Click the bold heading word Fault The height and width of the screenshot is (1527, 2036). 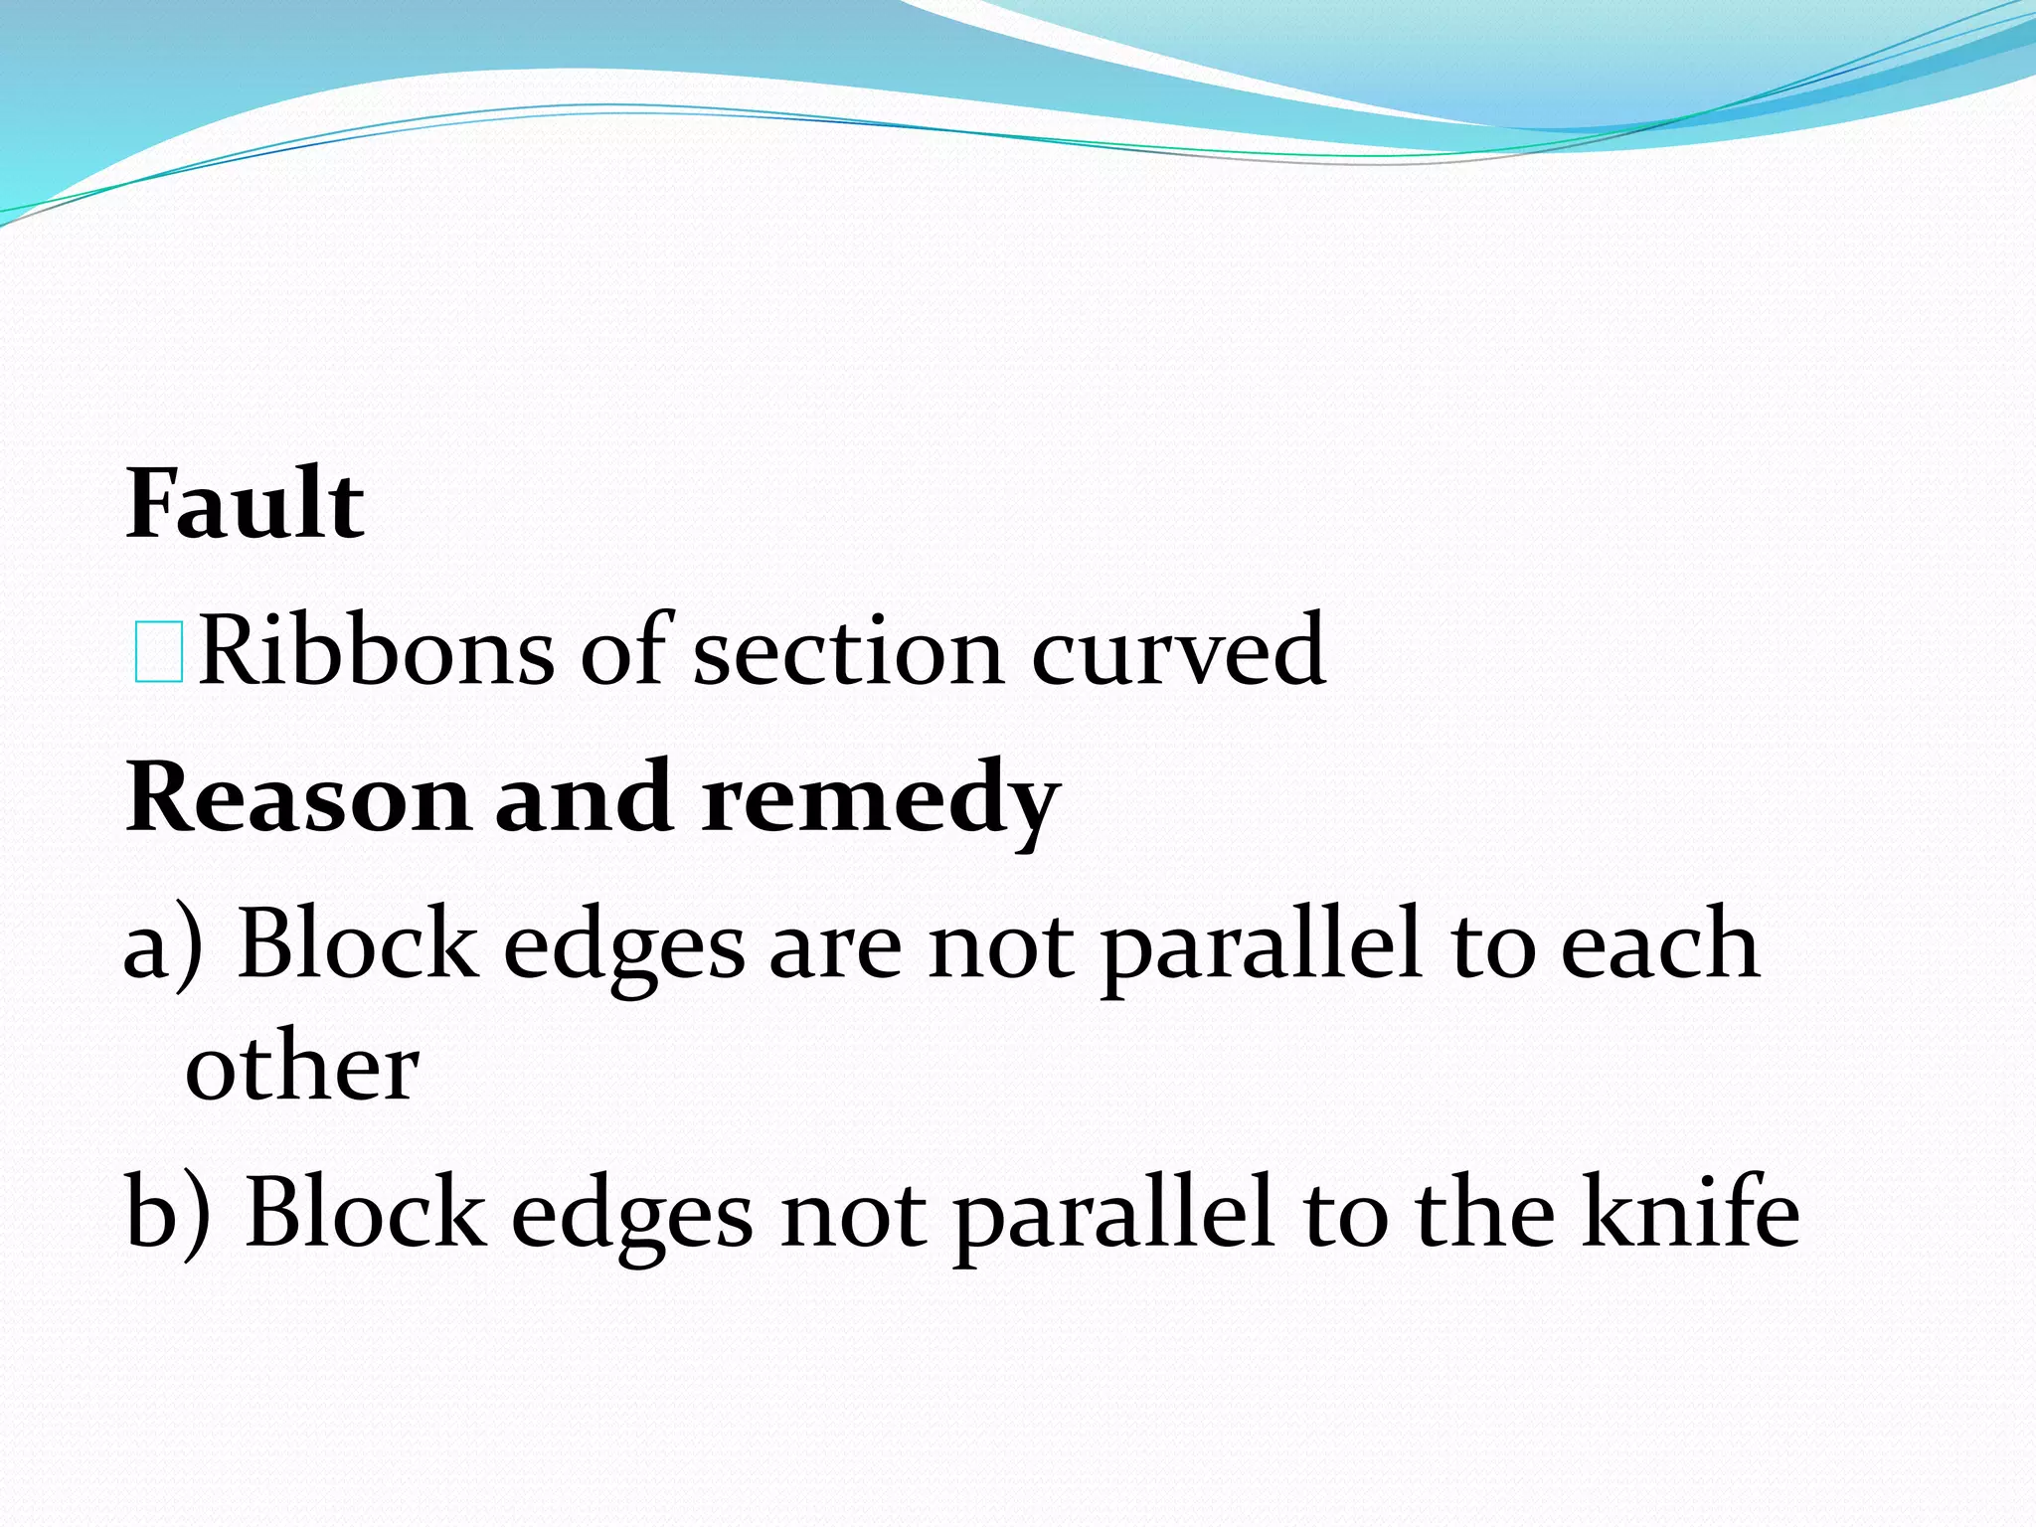click(x=245, y=504)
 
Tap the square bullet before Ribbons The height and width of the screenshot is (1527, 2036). click(x=158, y=652)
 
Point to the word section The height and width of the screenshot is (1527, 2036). click(x=847, y=652)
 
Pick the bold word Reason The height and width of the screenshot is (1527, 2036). click(x=297, y=798)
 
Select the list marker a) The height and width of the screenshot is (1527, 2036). click(x=163, y=945)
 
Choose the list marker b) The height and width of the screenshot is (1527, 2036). click(x=167, y=1212)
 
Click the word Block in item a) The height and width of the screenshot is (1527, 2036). click(x=358, y=944)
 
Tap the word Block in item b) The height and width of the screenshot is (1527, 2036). click(x=365, y=1211)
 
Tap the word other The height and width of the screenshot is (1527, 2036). click(x=302, y=1067)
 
